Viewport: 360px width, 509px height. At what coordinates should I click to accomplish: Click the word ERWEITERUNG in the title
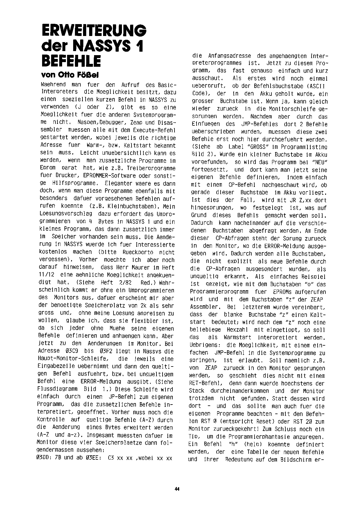tap(94, 30)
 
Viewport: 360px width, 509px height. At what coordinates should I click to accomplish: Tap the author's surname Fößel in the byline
tap(87, 75)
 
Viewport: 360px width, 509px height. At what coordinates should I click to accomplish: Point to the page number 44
tap(177, 489)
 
